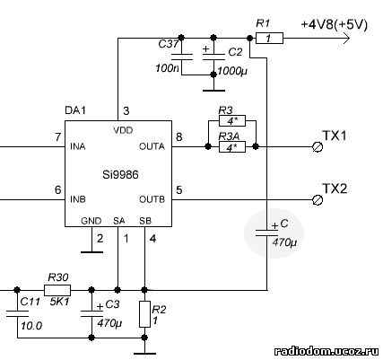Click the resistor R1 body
pyautogui.click(x=269, y=39)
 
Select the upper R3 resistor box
pyautogui.click(x=232, y=121)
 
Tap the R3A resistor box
pyautogui.click(x=232, y=147)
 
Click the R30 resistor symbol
pyautogui.click(x=57, y=290)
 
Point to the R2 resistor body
pyautogui.click(x=144, y=314)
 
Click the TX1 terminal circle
pyautogui.click(x=318, y=147)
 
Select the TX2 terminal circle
pyautogui.click(x=318, y=199)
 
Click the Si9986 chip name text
pyautogui.click(x=120, y=174)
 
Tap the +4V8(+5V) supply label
pyautogui.click(x=335, y=24)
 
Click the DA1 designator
pyautogui.click(x=75, y=110)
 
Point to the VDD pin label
pyautogui.click(x=123, y=130)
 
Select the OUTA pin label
pyautogui.click(x=152, y=146)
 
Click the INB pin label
pyautogui.click(x=78, y=199)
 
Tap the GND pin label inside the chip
pyautogui.click(x=91, y=221)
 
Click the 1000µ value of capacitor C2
pyautogui.click(x=232, y=71)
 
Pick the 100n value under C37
pyautogui.click(x=167, y=68)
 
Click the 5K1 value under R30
pyautogui.click(x=58, y=302)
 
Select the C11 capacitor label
pyautogui.click(x=30, y=302)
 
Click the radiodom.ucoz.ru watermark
pyautogui.click(x=326, y=351)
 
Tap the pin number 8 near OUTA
pyautogui.click(x=178, y=137)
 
